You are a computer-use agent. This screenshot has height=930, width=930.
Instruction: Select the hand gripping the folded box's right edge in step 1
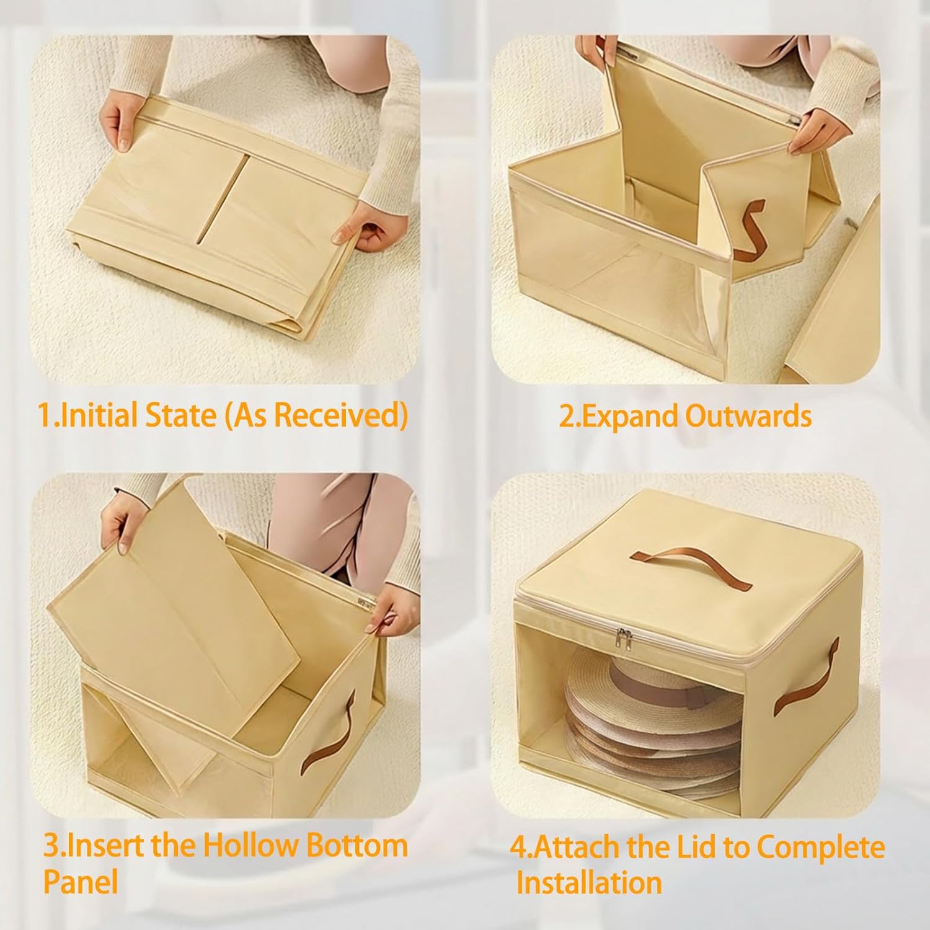(x=360, y=229)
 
